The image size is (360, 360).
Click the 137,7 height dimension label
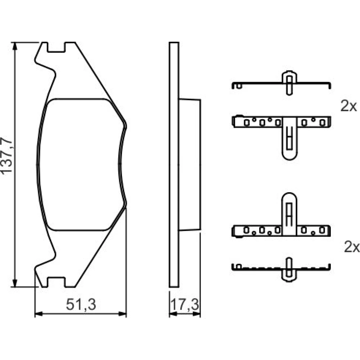click(x=6, y=156)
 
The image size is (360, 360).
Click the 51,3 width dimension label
click(x=81, y=305)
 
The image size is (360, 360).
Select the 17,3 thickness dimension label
click(x=185, y=305)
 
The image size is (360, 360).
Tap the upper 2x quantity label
click(x=348, y=106)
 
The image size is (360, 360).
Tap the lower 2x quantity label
click(x=351, y=247)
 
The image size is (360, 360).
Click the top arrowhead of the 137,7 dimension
click(x=15, y=46)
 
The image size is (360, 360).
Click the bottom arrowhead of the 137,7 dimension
click(x=15, y=283)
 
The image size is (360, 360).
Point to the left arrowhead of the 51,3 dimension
click(x=39, y=314)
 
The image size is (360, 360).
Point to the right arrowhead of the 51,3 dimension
click(x=123, y=314)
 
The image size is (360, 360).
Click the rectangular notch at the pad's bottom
click(x=56, y=282)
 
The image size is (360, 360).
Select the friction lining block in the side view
click(x=190, y=165)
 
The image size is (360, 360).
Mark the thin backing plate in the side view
click(x=174, y=165)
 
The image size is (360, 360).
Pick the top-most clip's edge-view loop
click(x=289, y=83)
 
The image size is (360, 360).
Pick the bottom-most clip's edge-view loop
click(x=289, y=270)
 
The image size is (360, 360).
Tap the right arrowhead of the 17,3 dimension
click(x=197, y=314)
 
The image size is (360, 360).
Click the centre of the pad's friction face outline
click(x=81, y=165)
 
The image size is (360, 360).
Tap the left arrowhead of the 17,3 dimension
click(x=173, y=314)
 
